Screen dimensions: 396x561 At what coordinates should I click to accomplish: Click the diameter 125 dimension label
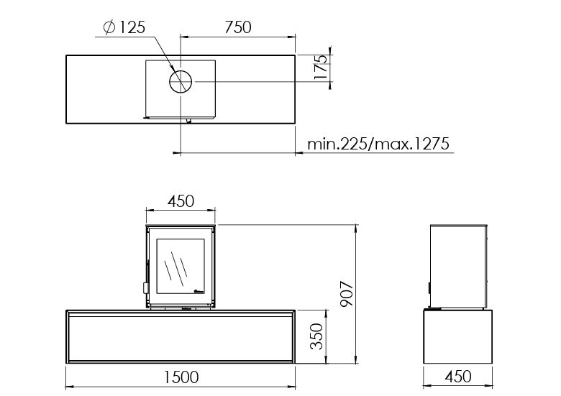click(x=125, y=28)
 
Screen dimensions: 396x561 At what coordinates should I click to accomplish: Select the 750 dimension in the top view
click(x=237, y=27)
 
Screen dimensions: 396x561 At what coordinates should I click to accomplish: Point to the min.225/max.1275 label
click(x=378, y=144)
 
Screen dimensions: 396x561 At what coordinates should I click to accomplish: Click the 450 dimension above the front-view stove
click(x=181, y=201)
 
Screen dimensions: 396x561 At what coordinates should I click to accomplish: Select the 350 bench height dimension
click(x=314, y=336)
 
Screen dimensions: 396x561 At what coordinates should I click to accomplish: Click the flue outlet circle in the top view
click(x=181, y=82)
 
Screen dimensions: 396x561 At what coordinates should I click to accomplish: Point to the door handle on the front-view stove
click(x=146, y=287)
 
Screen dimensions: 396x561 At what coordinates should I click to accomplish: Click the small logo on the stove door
click(x=199, y=291)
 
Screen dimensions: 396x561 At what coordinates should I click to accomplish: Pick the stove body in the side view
click(x=458, y=266)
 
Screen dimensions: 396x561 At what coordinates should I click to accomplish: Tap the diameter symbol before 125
click(x=109, y=28)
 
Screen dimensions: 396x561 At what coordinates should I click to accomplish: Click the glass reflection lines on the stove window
click(x=174, y=268)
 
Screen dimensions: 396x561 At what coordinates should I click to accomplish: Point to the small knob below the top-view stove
click(x=188, y=121)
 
